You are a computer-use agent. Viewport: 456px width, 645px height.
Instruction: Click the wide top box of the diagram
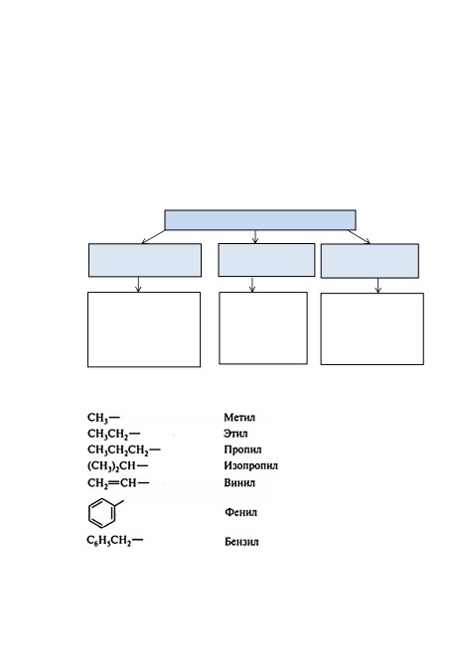point(260,220)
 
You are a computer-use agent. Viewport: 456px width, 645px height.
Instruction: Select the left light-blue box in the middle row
point(145,260)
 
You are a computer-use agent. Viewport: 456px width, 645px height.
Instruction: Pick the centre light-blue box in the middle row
point(266,260)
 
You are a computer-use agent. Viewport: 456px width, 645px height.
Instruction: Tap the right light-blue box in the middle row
point(370,261)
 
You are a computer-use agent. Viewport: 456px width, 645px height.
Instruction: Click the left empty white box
point(144,329)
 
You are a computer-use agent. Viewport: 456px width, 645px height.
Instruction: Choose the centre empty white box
point(263,328)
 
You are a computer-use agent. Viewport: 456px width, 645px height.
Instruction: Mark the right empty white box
point(372,328)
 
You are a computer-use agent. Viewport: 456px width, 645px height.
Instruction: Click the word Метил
point(239,418)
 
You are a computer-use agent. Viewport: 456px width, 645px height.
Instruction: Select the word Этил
point(235,434)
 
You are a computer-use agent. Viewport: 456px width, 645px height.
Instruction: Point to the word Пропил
point(242,451)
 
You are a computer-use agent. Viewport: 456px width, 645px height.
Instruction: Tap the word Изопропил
point(251,465)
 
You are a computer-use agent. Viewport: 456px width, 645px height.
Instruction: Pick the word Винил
point(239,482)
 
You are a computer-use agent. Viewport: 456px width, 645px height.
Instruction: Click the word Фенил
point(241,512)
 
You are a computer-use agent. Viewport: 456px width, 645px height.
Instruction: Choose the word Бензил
point(241,542)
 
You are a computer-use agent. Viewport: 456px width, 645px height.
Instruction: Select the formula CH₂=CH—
point(118,483)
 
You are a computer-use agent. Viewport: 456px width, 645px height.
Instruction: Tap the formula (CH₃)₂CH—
point(117,466)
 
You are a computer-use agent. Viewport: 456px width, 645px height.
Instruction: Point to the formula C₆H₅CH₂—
point(115,541)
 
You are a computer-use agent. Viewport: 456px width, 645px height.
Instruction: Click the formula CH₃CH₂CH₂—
point(123,451)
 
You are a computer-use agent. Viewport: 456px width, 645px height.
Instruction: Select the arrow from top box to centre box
point(255,237)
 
